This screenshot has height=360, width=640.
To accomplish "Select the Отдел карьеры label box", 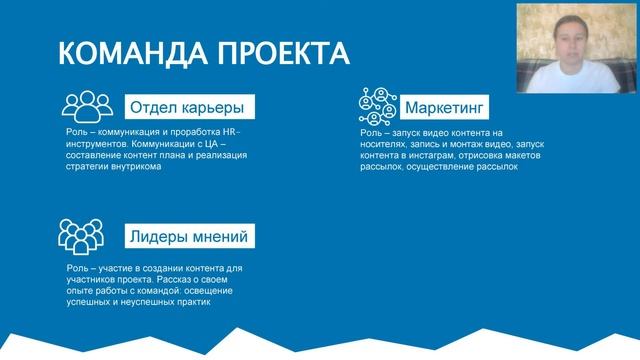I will [186, 107].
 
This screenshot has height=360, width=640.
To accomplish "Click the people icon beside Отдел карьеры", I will [88, 106].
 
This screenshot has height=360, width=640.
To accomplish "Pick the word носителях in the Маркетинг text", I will [385, 144].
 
